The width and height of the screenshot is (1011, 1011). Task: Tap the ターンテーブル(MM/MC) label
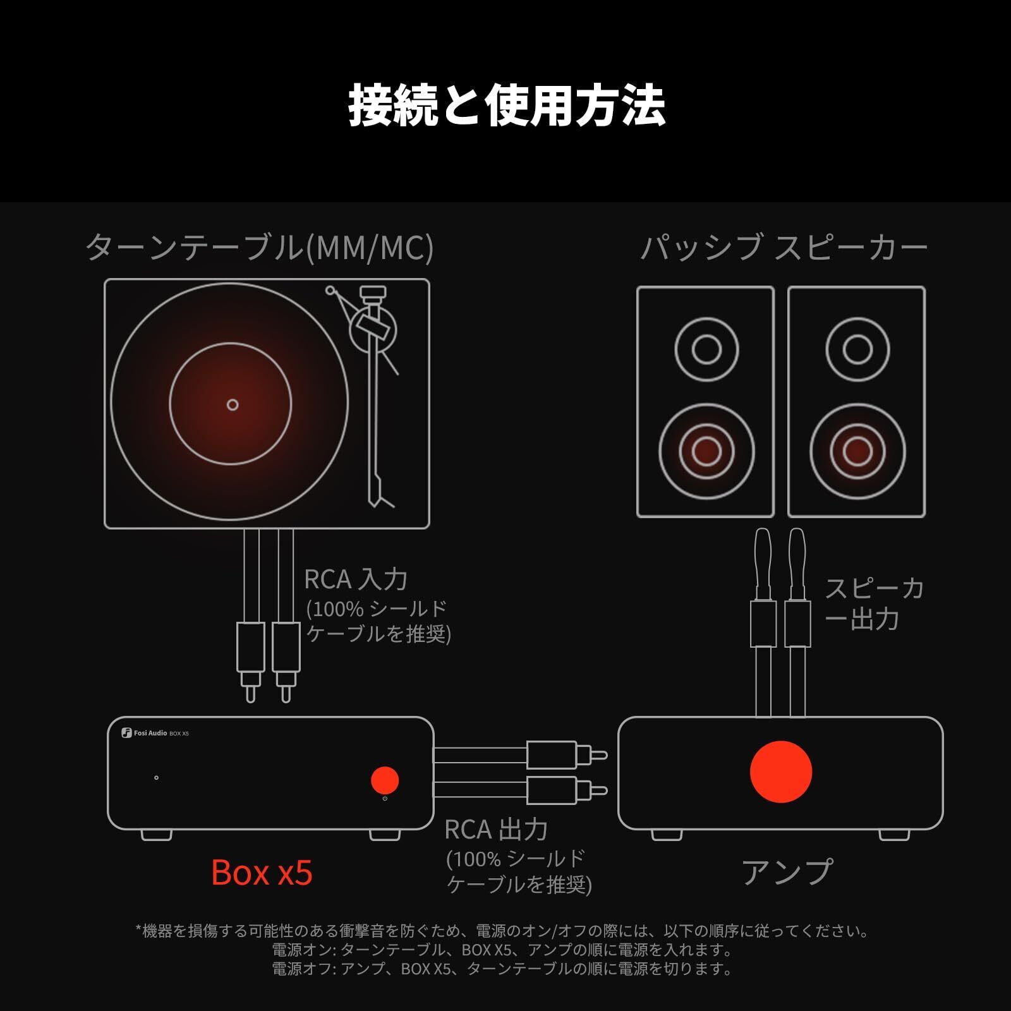click(x=259, y=247)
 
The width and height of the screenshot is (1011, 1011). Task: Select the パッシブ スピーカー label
click(x=784, y=247)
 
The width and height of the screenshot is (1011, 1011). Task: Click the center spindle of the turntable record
click(x=233, y=404)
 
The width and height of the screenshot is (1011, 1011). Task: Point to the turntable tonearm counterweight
click(x=372, y=293)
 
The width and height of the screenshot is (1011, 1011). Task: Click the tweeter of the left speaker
click(x=706, y=349)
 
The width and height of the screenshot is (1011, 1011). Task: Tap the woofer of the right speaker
click(x=857, y=451)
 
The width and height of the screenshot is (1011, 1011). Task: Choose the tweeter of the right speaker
click(x=857, y=349)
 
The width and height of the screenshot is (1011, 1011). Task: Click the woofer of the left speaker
click(x=706, y=451)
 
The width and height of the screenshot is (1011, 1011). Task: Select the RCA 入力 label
click(x=356, y=579)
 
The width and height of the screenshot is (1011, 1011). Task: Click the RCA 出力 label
click(x=496, y=830)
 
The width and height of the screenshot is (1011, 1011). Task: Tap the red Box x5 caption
click(x=262, y=873)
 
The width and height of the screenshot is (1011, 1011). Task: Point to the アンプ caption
click(x=787, y=873)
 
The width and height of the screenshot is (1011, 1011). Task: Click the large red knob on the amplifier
click(x=780, y=772)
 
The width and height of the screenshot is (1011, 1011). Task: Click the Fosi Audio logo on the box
click(x=145, y=733)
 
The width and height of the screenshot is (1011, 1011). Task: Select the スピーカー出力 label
click(x=875, y=603)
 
